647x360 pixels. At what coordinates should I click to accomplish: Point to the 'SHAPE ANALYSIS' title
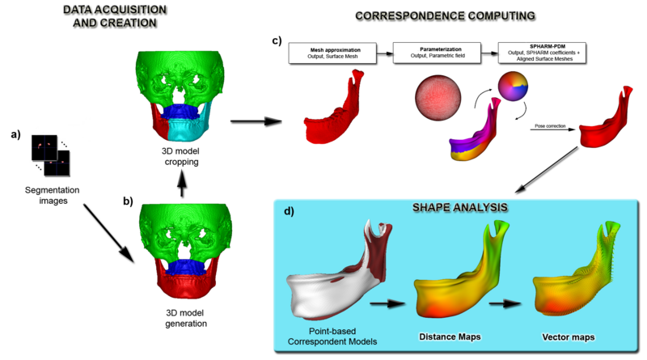pyautogui.click(x=449, y=208)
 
